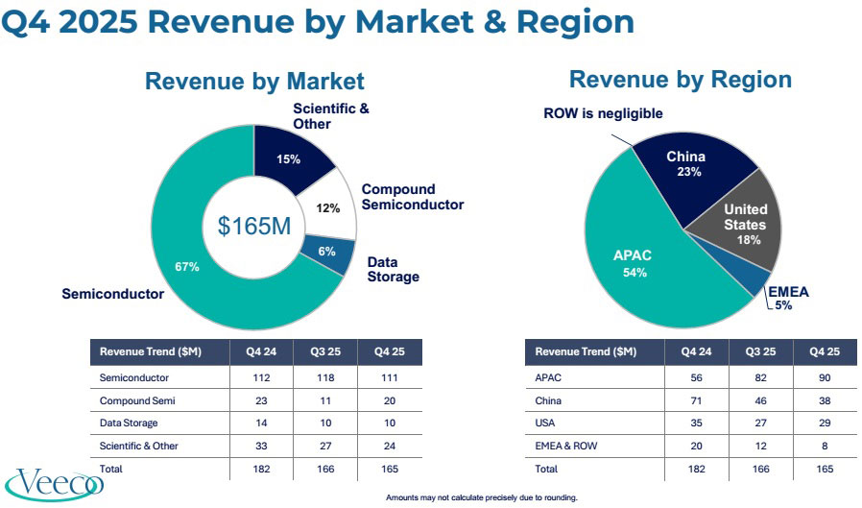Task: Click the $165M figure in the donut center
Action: coord(254,227)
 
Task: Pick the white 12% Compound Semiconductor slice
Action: coord(328,207)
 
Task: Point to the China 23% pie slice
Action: coord(685,164)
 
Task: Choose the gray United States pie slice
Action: coord(745,223)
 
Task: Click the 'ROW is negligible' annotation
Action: coord(603,113)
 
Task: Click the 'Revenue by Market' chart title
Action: coord(254,82)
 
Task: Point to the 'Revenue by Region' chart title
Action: coord(680,80)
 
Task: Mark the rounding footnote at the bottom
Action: coord(481,497)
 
